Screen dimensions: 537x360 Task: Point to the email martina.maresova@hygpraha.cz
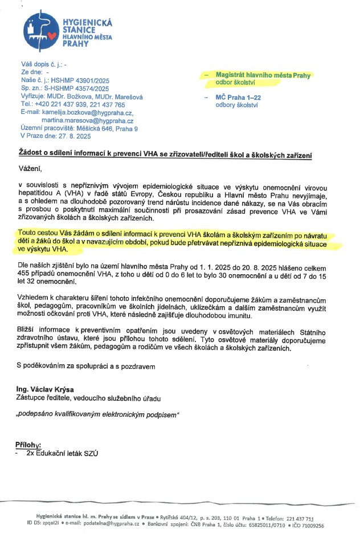(x=87, y=121)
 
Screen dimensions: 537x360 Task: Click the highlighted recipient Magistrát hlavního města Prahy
(x=263, y=75)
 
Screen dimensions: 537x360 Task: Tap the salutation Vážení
(x=31, y=169)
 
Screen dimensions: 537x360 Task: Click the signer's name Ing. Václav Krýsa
(x=44, y=389)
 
